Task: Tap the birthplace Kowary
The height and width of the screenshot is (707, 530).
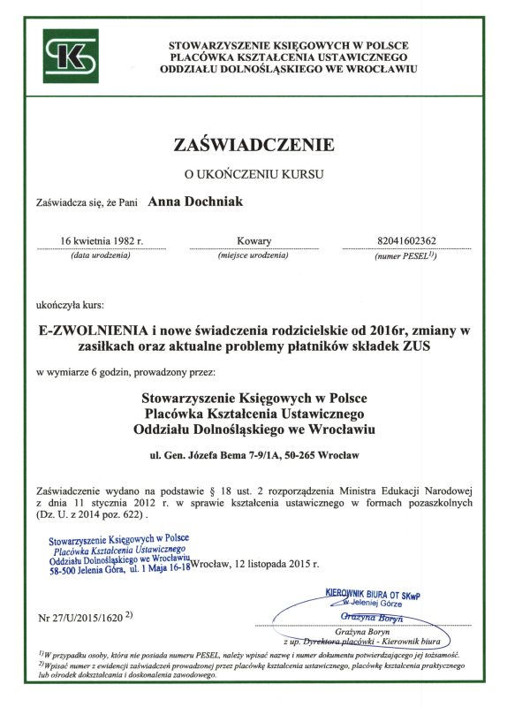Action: [x=254, y=240]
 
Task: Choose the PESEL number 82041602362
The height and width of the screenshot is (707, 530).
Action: [x=406, y=240]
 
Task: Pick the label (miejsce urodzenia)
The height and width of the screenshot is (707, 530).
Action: [x=254, y=255]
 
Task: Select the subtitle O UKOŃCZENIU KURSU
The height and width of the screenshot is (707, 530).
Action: [x=254, y=174]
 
